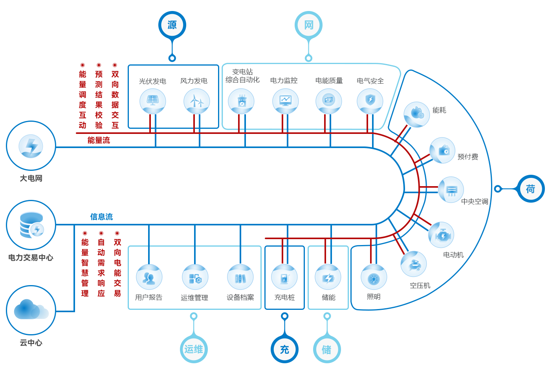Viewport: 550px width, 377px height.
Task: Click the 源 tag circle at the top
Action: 172,25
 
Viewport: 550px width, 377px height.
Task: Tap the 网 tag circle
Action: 308,25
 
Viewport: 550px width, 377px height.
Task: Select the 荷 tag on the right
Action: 530,189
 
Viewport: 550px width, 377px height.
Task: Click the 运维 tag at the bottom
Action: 194,349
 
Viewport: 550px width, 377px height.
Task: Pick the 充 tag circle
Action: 285,349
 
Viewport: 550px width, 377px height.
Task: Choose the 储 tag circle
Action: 327,349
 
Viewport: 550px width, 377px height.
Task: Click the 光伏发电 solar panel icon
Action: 153,101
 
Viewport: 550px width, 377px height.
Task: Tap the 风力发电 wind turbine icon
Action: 197,101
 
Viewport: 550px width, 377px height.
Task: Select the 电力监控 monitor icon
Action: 286,101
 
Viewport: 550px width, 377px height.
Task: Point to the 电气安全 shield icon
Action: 370,101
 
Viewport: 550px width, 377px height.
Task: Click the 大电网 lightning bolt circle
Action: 31,146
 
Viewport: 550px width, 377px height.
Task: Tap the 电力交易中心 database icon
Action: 31,225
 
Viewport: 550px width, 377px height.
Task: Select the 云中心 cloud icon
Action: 31,310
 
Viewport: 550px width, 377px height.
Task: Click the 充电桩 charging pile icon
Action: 284,277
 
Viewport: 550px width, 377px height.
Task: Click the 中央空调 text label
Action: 475,201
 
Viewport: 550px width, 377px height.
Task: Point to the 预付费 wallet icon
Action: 442,150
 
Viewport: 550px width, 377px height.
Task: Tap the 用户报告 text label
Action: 148,297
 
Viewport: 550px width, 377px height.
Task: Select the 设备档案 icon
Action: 240,277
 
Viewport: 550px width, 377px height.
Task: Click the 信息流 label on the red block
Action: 101,216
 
